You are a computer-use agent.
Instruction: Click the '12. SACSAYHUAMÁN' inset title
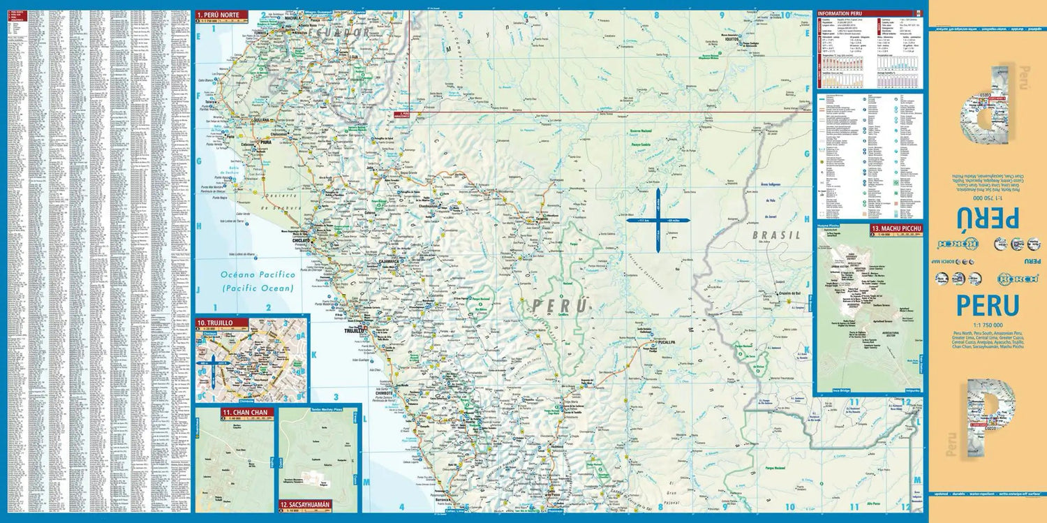(304, 504)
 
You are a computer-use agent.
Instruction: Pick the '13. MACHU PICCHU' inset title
(896, 228)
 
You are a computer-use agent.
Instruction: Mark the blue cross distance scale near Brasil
(658, 220)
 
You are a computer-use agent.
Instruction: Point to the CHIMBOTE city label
(385, 393)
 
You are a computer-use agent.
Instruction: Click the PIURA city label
(265, 142)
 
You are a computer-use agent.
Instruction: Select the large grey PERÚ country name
(559, 306)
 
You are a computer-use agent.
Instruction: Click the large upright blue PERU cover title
(987, 306)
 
